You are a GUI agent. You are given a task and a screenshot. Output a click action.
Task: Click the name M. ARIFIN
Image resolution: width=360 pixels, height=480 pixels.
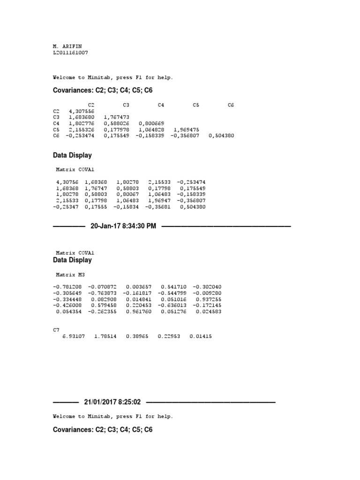point(70,46)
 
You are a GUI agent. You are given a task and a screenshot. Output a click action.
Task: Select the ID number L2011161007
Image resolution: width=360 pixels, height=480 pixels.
point(71,52)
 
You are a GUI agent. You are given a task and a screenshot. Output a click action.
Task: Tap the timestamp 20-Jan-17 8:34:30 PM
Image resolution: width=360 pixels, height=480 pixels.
point(123,226)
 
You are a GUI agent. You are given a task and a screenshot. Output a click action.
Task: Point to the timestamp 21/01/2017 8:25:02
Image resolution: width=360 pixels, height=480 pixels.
point(112,402)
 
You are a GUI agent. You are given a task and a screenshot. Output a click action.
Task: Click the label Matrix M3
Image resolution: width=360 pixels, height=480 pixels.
point(71,274)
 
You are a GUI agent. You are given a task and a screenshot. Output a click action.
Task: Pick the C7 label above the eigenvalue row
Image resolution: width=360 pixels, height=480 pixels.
point(56,330)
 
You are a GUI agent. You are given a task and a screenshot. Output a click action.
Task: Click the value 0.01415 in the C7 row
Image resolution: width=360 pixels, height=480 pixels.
point(200,336)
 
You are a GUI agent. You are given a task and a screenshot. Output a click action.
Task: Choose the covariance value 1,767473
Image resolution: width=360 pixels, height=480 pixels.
point(117,117)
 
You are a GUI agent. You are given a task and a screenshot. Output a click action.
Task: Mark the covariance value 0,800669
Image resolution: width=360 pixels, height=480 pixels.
point(152,123)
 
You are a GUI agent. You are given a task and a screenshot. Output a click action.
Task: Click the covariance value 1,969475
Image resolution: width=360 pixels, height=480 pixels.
point(187,129)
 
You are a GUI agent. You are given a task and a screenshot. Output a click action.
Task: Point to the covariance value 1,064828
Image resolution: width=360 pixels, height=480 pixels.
point(152,129)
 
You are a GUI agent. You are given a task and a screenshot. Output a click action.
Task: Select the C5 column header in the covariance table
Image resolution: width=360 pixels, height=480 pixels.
point(196,105)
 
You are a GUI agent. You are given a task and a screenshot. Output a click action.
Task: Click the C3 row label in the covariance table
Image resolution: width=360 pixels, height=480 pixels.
point(56,117)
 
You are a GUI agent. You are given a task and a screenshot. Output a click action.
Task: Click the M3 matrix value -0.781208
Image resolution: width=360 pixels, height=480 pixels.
point(68,286)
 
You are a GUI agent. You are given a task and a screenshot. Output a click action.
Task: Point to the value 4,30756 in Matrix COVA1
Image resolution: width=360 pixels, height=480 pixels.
point(67,181)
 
